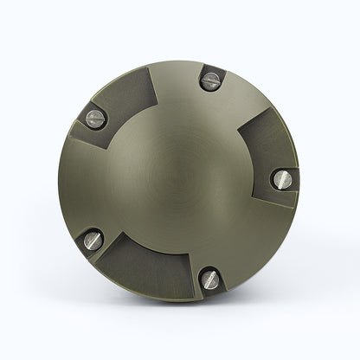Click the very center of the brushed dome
(180, 179)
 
